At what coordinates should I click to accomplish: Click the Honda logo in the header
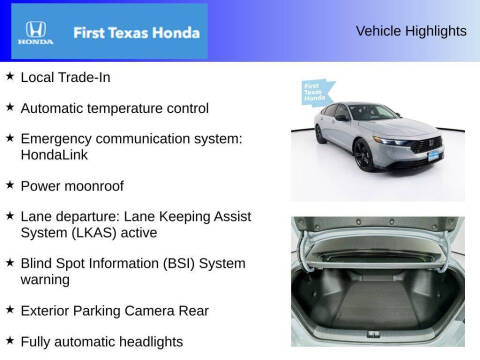pos(34,33)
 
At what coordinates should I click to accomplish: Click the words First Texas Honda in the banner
pos(130,33)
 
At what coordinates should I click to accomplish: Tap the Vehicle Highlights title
pos(410,31)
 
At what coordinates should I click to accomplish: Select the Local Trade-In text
pos(67,76)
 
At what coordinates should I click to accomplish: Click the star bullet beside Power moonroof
pos(10,185)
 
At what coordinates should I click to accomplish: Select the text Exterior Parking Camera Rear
pos(114,310)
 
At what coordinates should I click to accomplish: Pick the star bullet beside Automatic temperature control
pos(10,107)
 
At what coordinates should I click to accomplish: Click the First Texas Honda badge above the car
pos(316,93)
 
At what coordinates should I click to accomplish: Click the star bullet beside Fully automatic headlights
pos(10,340)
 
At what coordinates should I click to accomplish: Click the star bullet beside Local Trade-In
pos(10,76)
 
